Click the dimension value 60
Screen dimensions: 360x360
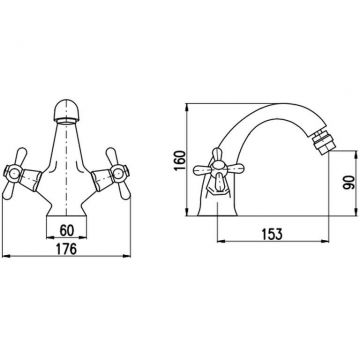67,230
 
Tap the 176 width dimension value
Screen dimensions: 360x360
66,249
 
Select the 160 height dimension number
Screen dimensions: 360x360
180,160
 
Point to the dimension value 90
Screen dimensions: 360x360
348,183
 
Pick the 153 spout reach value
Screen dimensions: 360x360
271,234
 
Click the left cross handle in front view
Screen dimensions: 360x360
15,174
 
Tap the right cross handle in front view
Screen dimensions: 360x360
118,174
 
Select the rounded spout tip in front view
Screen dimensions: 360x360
66,111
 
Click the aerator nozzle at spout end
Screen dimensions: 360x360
322,142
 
